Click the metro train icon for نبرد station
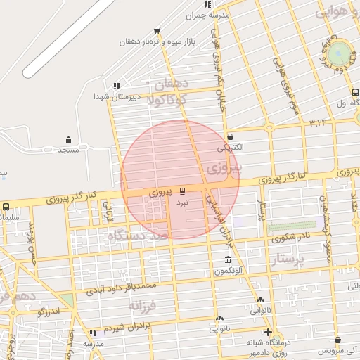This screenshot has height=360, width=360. [183, 191]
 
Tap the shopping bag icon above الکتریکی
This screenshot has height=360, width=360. [230, 136]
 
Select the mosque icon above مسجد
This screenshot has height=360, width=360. [68, 139]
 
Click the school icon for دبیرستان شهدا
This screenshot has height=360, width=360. [117, 85]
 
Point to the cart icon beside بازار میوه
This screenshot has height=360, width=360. [156, 30]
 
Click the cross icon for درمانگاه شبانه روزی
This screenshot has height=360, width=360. [267, 332]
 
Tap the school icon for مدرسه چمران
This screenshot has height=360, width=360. [207, 5]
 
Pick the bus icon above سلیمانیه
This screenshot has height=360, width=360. [6, 207]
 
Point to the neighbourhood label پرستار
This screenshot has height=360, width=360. [290, 261]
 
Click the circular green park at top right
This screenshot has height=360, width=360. [339, 52]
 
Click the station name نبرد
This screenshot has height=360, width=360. [182, 202]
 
